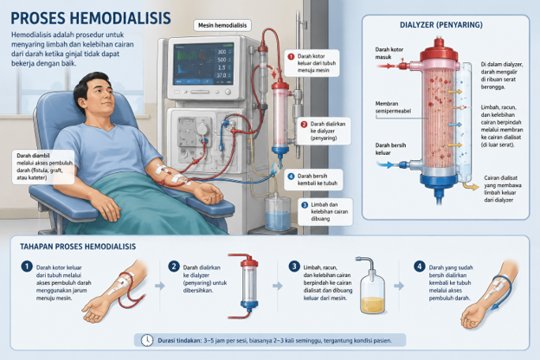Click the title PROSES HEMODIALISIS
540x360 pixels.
tap(91, 18)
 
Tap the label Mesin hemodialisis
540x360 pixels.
tap(222, 25)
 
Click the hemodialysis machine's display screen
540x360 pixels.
tap(203, 64)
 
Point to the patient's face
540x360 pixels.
tap(100, 96)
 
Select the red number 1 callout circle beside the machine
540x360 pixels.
tap(291, 56)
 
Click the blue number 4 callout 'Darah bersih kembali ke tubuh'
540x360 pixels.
tap(313, 179)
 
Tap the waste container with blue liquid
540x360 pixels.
tap(277, 213)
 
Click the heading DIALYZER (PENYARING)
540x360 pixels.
tap(441, 25)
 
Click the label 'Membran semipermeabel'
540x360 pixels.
tap(393, 107)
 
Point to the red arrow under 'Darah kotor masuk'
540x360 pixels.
tap(387, 66)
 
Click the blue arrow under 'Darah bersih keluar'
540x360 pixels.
tap(385, 165)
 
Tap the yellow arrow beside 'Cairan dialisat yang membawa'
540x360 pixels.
tap(471, 186)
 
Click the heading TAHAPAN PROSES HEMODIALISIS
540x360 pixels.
tap(78, 247)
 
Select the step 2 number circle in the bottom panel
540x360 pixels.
tap(174, 267)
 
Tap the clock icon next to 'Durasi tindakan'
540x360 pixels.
tap(147, 340)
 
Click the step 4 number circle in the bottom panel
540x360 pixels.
tap(419, 267)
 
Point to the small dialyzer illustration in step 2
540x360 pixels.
tap(248, 286)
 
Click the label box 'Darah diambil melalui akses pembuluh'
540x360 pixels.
tap(43, 167)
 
